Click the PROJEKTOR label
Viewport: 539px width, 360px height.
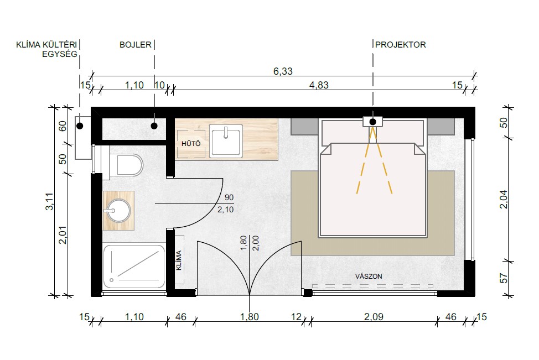[x=400, y=45]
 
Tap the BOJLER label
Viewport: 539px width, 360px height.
[x=136, y=45]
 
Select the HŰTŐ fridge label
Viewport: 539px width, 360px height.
[x=191, y=143]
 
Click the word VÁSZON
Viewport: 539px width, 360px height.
[x=369, y=276]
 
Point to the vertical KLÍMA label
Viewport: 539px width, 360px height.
[x=179, y=260]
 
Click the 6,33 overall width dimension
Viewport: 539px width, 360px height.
[x=283, y=71]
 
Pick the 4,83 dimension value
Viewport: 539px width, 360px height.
[x=319, y=85]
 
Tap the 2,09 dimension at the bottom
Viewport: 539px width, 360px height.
[x=374, y=316]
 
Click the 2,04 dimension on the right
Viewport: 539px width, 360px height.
[x=504, y=199]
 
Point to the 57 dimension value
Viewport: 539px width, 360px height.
[x=504, y=278]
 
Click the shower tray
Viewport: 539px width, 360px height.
[x=134, y=267]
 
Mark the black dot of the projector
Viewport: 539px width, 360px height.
[x=372, y=122]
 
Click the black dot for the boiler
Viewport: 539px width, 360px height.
[x=154, y=126]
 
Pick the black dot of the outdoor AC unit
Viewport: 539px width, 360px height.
[x=80, y=126]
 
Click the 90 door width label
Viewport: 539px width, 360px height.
[x=229, y=197]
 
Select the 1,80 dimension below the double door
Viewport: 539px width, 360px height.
[x=249, y=316]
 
